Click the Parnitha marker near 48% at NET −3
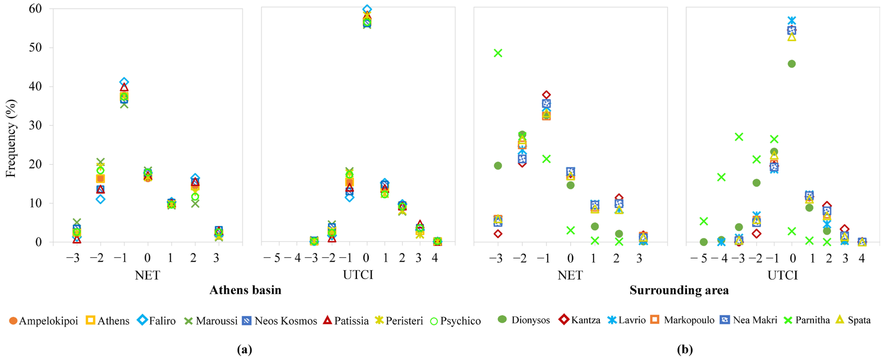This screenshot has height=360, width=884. point(498,53)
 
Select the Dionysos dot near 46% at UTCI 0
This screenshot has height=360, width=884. point(792,64)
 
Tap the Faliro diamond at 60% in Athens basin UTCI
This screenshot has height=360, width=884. point(367,9)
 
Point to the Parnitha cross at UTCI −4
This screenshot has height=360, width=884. point(721,177)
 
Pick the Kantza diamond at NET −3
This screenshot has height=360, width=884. point(498,234)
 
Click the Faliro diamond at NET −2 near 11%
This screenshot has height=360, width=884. point(100,199)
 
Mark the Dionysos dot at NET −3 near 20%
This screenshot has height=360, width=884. point(498,166)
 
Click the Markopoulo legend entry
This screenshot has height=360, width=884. point(683,320)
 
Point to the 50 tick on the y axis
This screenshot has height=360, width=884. point(35,47)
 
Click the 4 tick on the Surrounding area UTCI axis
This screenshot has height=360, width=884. point(862,258)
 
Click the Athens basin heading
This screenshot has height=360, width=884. point(245,290)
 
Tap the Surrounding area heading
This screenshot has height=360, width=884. point(679,290)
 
